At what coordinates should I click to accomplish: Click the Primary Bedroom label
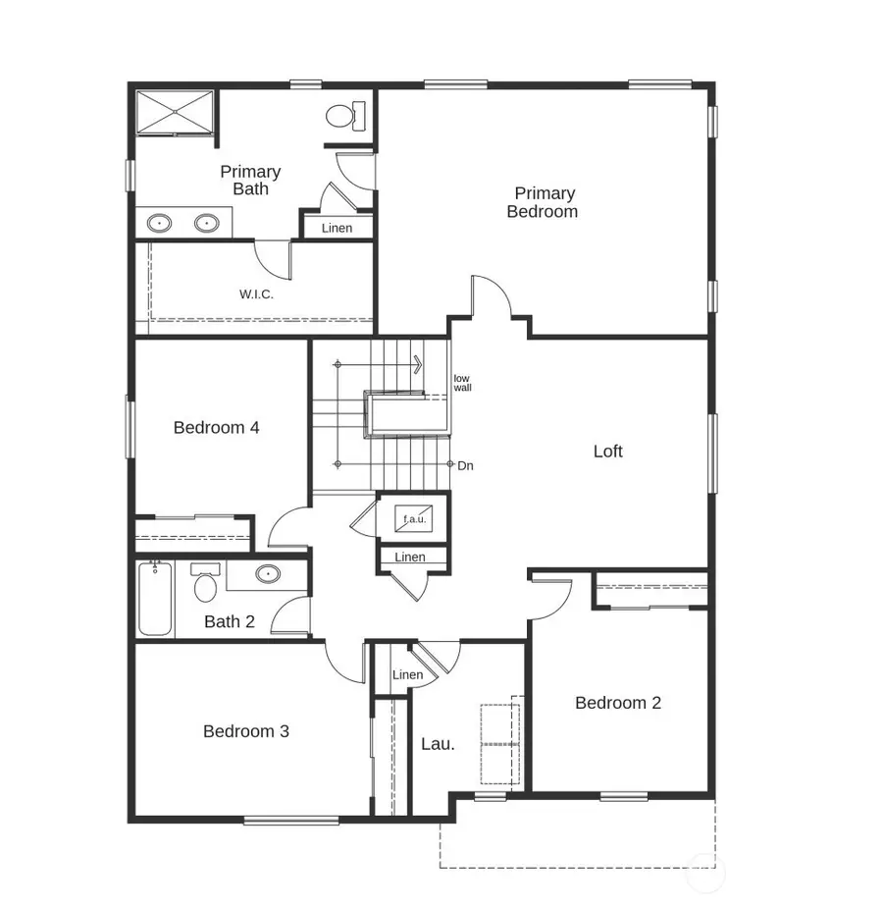[x=543, y=202]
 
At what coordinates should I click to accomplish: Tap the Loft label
[x=608, y=452]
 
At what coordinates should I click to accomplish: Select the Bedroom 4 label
[x=216, y=428]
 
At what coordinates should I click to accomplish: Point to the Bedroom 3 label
[x=246, y=731]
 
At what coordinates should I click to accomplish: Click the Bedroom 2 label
[x=618, y=703]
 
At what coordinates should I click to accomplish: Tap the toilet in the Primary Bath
[x=344, y=116]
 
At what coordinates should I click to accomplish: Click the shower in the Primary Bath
[x=174, y=111]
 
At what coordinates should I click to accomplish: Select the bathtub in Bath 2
[x=155, y=598]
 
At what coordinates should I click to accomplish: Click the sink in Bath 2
[x=267, y=574]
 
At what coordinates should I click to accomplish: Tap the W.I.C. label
[x=256, y=294]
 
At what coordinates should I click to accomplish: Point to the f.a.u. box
[x=413, y=518]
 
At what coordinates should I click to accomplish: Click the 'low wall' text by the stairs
[x=462, y=383]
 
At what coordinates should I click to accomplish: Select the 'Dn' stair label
[x=465, y=465]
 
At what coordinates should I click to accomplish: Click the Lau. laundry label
[x=438, y=744]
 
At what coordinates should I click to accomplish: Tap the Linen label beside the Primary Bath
[x=337, y=229]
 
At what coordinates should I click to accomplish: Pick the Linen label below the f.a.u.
[x=411, y=558]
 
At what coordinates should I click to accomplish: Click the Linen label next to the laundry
[x=407, y=675]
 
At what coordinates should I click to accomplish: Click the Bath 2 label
[x=230, y=621]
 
